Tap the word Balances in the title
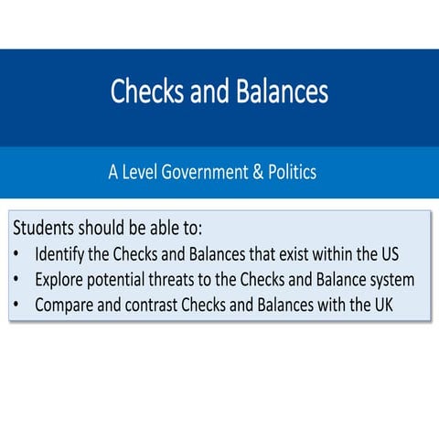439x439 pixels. point(279,91)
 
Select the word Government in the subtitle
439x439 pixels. point(204,171)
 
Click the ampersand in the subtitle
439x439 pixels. point(257,171)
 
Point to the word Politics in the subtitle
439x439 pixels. point(291,171)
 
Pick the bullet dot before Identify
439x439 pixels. point(18,253)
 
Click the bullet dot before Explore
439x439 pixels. point(18,279)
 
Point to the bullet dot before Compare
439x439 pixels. point(18,305)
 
